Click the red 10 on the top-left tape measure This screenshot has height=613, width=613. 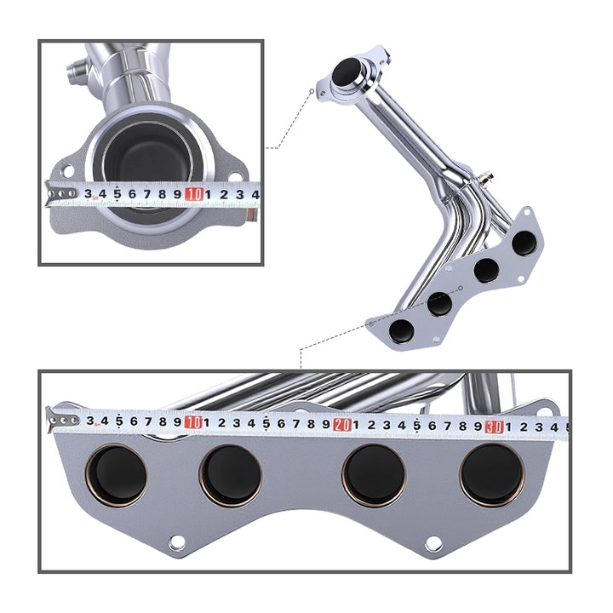click(194, 194)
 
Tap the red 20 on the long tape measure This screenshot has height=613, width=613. click(342, 425)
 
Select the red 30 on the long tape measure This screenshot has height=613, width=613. click(494, 427)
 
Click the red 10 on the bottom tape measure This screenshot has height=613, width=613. click(193, 422)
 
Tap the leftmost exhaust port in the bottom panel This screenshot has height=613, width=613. click(116, 476)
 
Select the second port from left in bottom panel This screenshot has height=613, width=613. click(231, 476)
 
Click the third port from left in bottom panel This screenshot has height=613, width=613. click(374, 476)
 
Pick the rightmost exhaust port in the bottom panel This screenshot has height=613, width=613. click(492, 475)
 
